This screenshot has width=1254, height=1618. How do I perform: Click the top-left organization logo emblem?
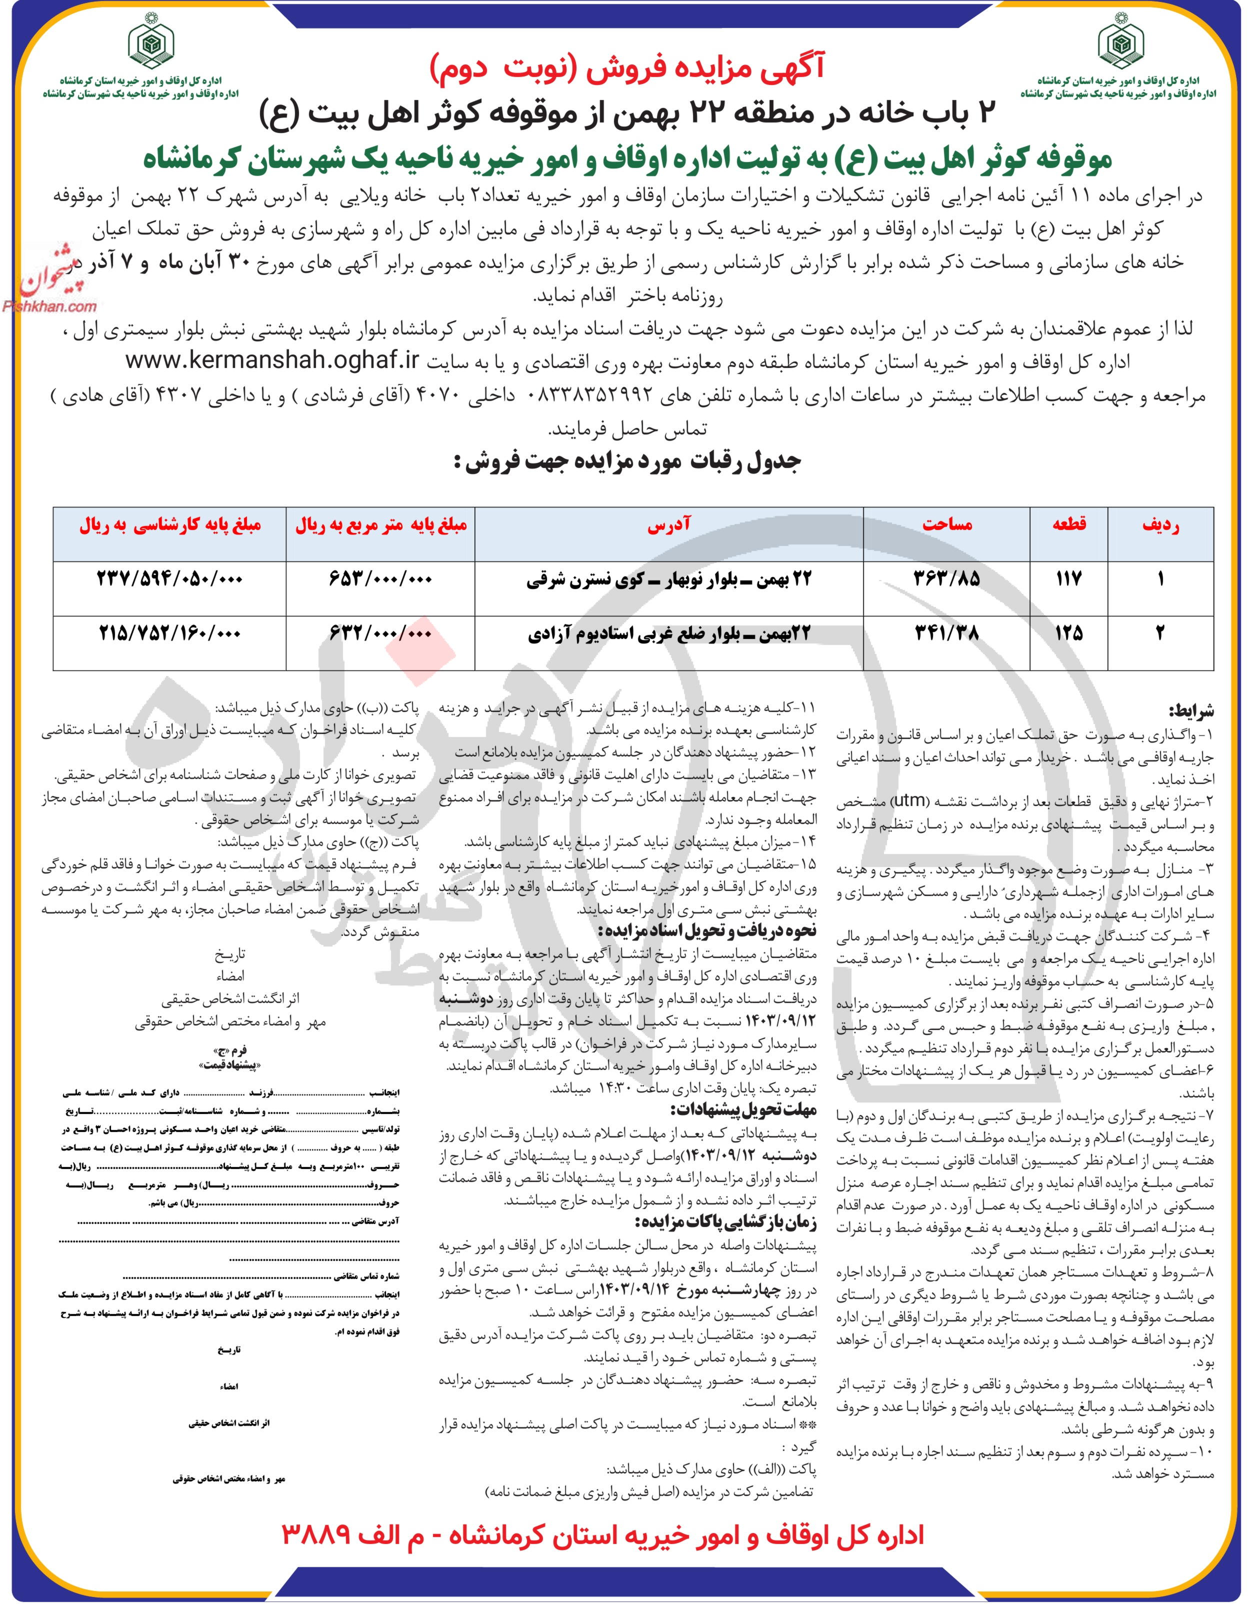click(149, 46)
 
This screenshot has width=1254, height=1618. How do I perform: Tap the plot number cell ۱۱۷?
click(1069, 578)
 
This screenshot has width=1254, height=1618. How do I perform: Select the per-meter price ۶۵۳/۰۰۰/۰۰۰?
click(380, 578)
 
